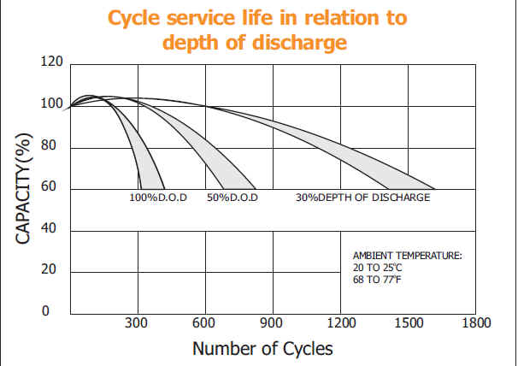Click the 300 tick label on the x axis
point(136,323)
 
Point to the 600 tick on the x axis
point(203,323)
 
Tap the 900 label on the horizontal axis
point(272,323)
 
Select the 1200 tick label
point(340,323)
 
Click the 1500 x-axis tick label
point(408,323)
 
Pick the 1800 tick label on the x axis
point(475,323)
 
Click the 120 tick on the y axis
point(51,63)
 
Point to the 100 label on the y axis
point(51,104)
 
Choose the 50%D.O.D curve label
point(232,198)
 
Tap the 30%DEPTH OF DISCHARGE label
point(362,198)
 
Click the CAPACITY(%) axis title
point(24,188)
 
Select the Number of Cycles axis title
point(262,349)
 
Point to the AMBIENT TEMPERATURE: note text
point(406,256)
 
